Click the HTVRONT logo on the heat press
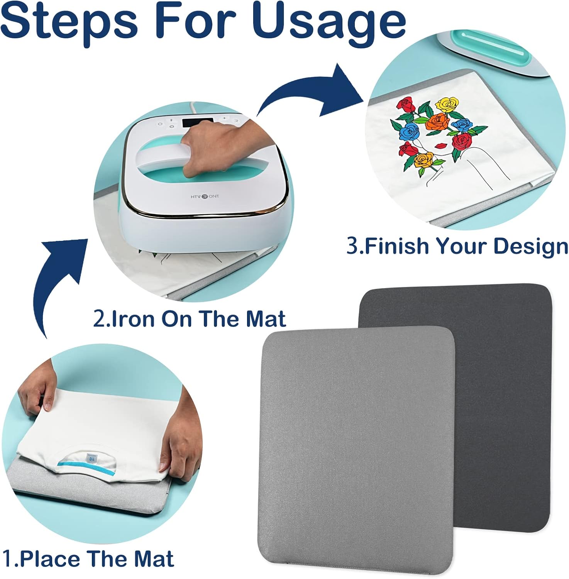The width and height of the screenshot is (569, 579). click(x=205, y=196)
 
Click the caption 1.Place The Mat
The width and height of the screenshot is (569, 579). click(x=88, y=558)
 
